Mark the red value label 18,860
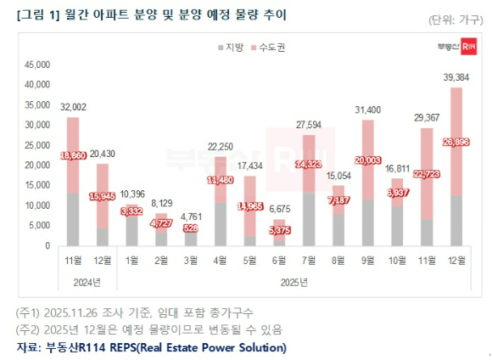[74, 157]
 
